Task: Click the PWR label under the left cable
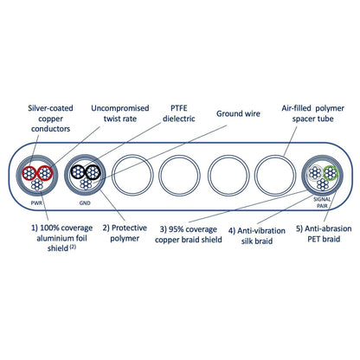click(x=36, y=203)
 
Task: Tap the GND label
click(x=85, y=203)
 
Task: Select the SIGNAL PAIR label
click(x=322, y=202)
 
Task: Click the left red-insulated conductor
click(x=29, y=173)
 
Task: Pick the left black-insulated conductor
click(x=78, y=172)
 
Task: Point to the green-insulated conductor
click(x=331, y=173)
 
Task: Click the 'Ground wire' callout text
click(x=238, y=113)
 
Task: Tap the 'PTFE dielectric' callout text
click(x=179, y=113)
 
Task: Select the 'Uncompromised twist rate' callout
click(x=120, y=113)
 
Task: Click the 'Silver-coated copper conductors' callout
click(x=50, y=119)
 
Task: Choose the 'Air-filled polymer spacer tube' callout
click(x=313, y=113)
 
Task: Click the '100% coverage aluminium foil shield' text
click(x=61, y=238)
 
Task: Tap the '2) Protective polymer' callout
click(x=125, y=233)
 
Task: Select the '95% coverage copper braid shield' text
click(x=189, y=235)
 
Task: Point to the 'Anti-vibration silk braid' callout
click(x=257, y=235)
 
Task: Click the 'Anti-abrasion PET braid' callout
click(x=324, y=234)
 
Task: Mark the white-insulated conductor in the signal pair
click(x=315, y=173)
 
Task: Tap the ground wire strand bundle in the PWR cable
click(x=37, y=183)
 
